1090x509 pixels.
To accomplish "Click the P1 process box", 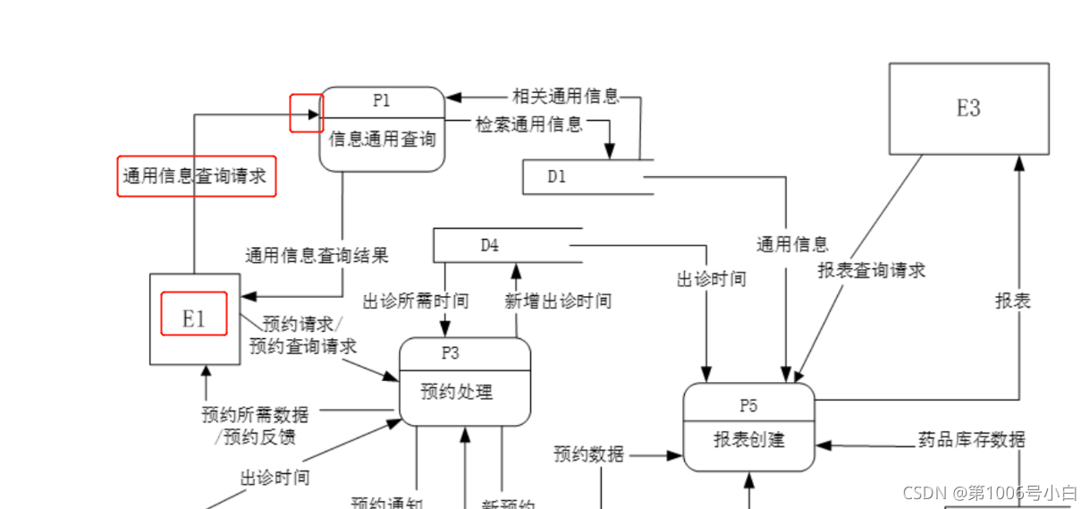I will (x=382, y=129).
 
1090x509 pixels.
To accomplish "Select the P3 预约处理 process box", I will (x=464, y=382).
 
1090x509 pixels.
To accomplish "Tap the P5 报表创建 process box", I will (x=748, y=428).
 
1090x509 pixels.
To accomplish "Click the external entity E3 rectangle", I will (x=968, y=108).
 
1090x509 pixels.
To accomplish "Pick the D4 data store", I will (x=506, y=245).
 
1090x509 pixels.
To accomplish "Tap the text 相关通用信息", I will (x=565, y=97).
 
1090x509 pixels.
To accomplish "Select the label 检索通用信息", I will (x=528, y=124).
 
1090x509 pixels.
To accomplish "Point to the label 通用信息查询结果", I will (x=317, y=257).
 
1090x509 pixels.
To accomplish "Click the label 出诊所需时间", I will (x=415, y=301).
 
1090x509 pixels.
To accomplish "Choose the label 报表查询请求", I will (x=871, y=270).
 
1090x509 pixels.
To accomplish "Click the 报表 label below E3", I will (x=1013, y=301).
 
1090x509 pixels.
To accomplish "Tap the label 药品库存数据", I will (x=971, y=440).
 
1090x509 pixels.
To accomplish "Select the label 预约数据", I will (x=588, y=454).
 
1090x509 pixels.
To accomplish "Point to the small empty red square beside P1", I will (x=306, y=113).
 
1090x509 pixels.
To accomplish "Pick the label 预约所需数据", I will (x=255, y=415).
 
